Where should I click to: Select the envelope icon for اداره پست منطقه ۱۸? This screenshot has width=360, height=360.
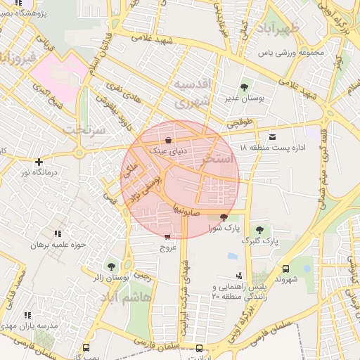(272, 136)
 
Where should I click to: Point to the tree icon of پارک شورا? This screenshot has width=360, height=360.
(224, 217)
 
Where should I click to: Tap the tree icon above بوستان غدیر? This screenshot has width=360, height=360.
(244, 88)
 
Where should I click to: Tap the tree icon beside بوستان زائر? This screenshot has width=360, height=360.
(111, 266)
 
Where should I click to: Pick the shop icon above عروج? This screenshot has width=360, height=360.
(167, 237)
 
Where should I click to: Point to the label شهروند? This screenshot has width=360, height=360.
(288, 279)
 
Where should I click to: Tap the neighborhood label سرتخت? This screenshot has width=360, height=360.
(84, 130)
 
